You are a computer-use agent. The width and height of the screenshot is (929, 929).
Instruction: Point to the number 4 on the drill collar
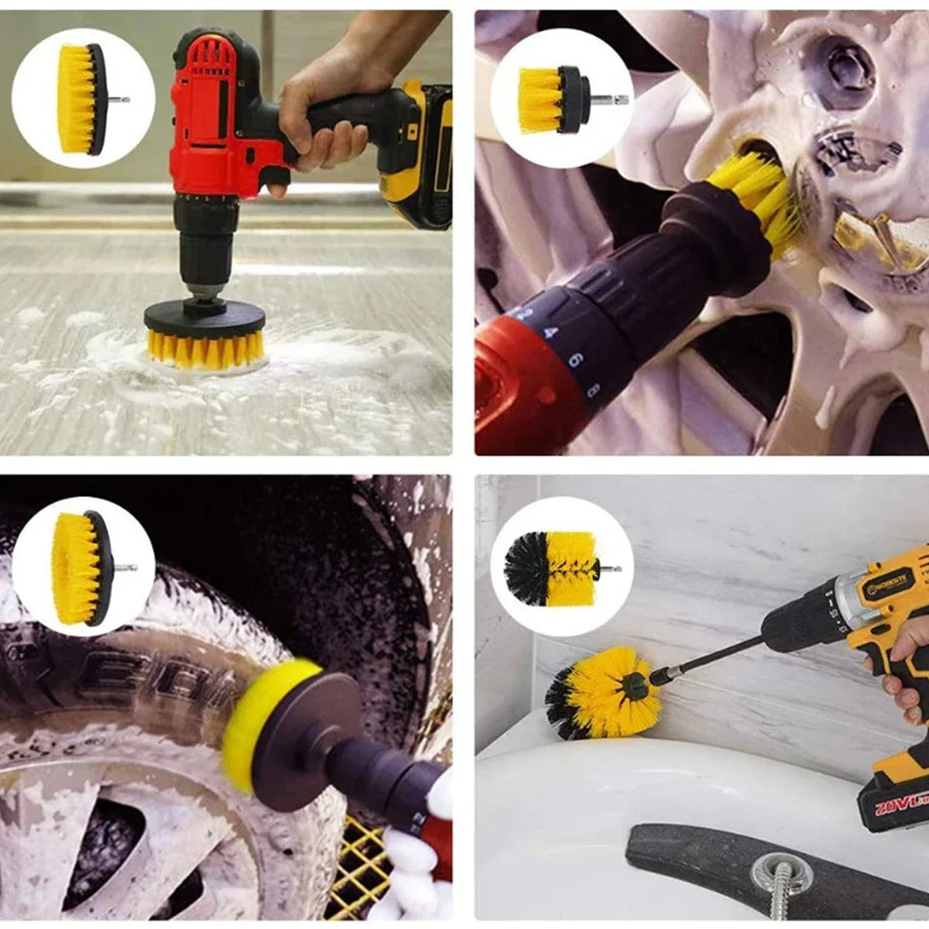550,333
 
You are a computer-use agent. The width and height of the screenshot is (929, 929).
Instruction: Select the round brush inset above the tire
81,568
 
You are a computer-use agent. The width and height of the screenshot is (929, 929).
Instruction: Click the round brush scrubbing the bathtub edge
604,689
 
